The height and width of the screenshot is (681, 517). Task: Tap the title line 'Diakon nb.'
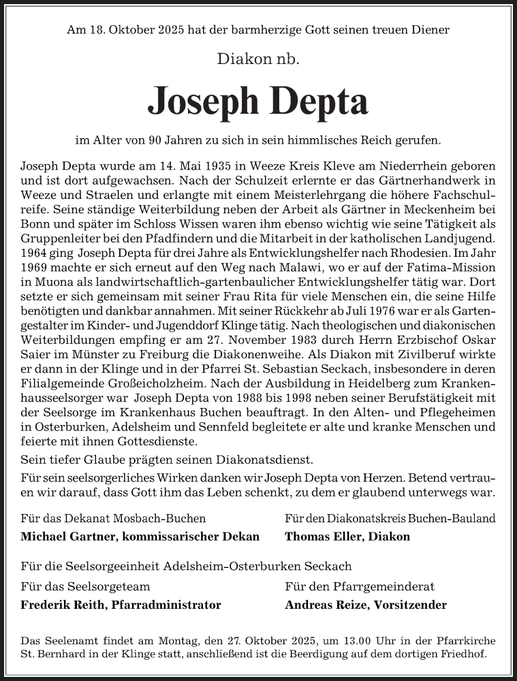(x=258, y=60)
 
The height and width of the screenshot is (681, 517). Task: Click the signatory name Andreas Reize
(x=324, y=605)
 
